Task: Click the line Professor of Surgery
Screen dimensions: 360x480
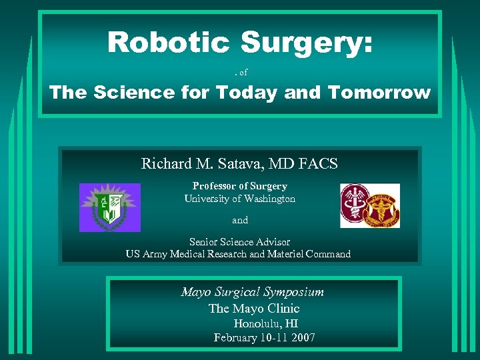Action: [x=240, y=186]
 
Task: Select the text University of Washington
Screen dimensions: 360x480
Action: [x=240, y=199]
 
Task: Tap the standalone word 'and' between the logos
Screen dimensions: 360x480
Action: [x=240, y=220]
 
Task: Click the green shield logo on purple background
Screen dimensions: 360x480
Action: [x=110, y=207]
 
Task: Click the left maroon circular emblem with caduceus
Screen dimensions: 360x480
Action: [x=355, y=205]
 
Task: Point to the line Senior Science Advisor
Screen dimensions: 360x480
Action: [x=240, y=241]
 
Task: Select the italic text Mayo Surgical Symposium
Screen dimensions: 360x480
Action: [x=253, y=292]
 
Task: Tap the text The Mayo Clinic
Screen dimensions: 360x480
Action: [x=254, y=309]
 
